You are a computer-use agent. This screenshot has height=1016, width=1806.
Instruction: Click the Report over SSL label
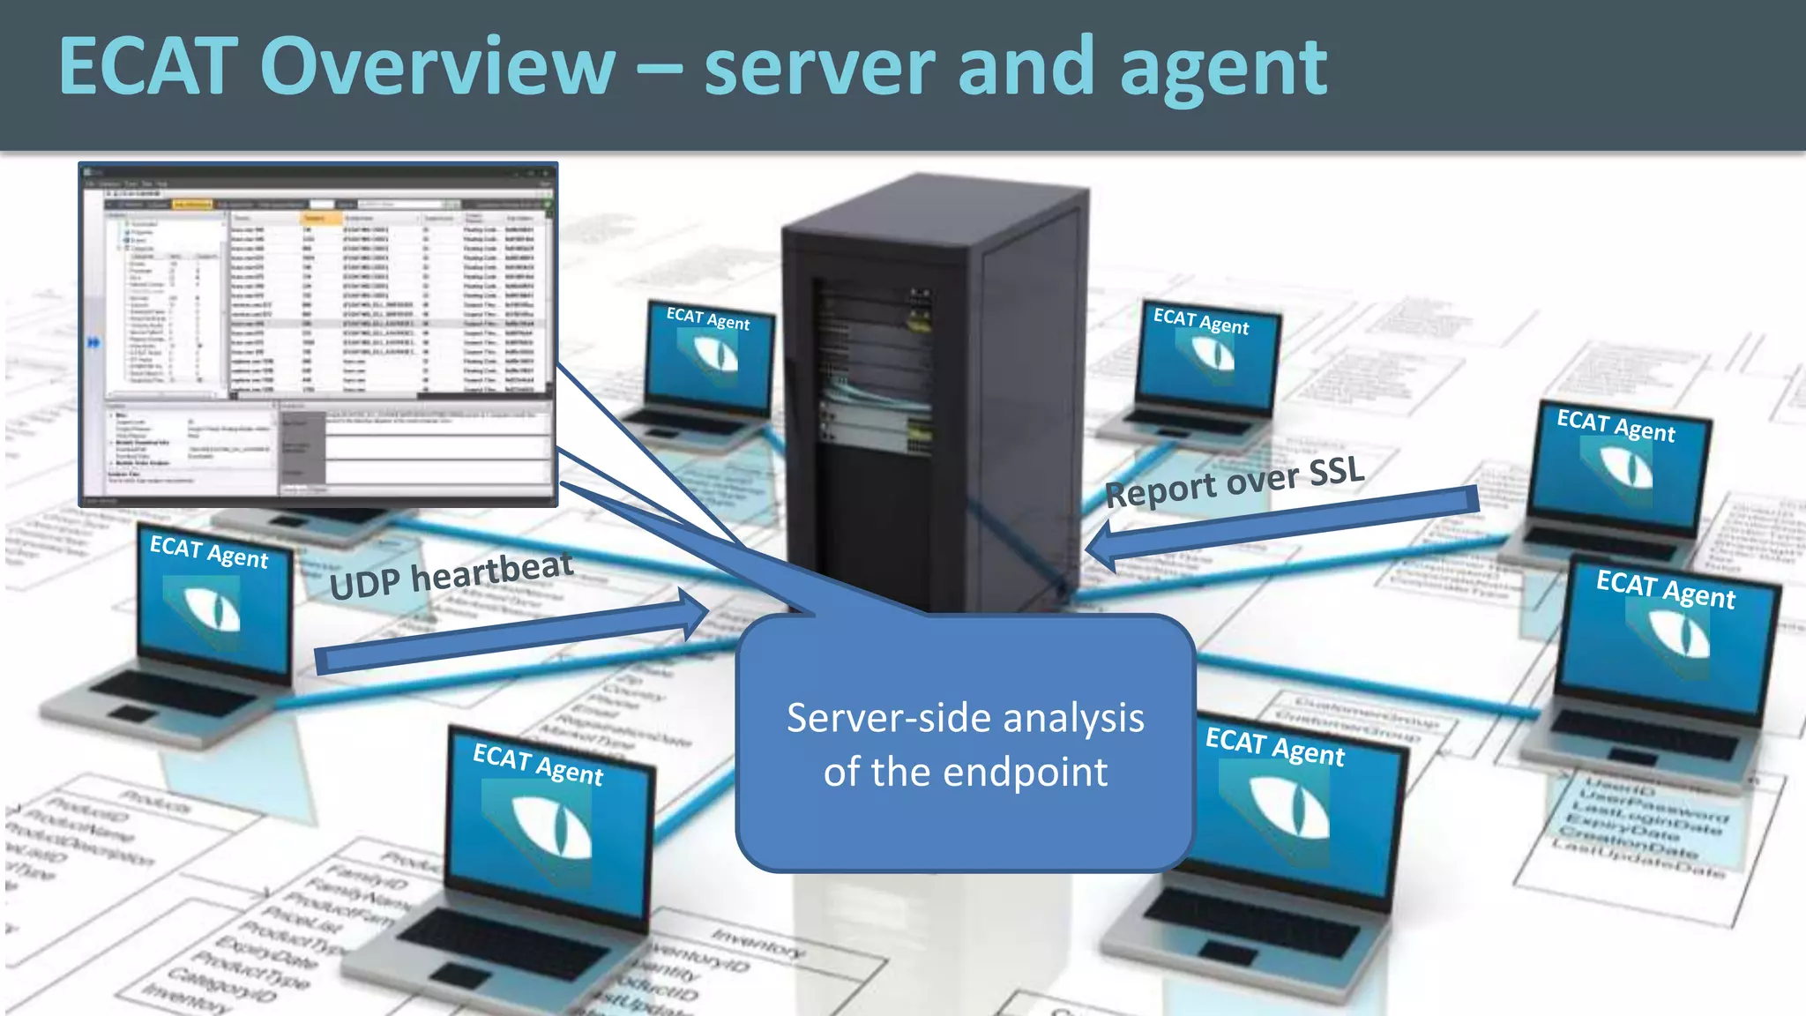(x=1235, y=482)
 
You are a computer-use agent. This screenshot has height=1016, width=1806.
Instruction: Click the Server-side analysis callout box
(x=966, y=743)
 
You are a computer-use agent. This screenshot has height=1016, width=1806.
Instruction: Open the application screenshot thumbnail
(x=318, y=334)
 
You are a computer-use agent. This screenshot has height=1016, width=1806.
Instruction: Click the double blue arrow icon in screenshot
(x=93, y=341)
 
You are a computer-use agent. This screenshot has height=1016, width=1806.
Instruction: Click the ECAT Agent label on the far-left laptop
(x=209, y=553)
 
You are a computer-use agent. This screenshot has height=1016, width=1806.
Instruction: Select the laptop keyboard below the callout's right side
(x=1252, y=922)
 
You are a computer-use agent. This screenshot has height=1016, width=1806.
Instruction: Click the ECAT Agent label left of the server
(x=708, y=318)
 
